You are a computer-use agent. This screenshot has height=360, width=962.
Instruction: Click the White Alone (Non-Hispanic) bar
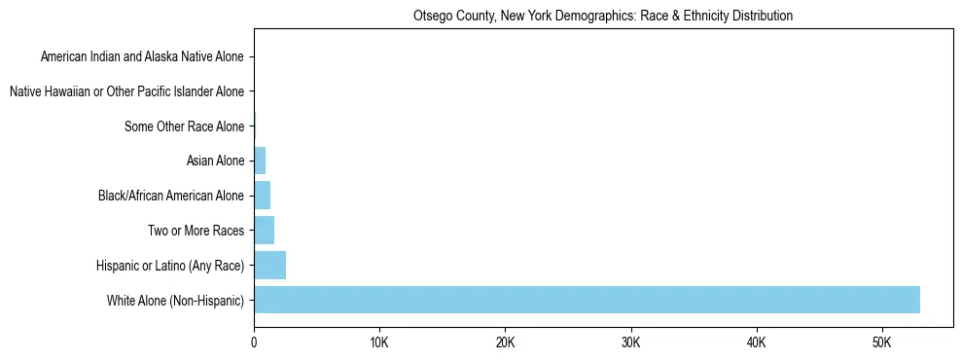pyautogui.click(x=587, y=300)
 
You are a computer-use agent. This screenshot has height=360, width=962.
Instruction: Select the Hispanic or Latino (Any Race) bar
pyautogui.click(x=269, y=265)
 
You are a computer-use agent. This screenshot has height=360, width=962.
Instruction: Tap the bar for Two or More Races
pyautogui.click(x=264, y=231)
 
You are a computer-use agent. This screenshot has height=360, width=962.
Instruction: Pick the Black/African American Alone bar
pyautogui.click(x=262, y=196)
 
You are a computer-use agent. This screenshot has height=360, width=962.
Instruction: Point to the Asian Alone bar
pyautogui.click(x=260, y=161)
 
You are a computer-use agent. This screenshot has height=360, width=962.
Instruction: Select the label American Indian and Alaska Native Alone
pyautogui.click(x=142, y=56)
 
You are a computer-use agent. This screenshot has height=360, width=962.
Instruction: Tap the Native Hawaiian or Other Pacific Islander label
pyautogui.click(x=126, y=91)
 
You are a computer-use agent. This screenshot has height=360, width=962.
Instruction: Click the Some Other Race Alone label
pyautogui.click(x=185, y=126)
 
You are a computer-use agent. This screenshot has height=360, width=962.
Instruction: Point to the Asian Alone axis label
pyautogui.click(x=215, y=161)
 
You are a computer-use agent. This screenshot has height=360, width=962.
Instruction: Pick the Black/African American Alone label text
pyautogui.click(x=171, y=196)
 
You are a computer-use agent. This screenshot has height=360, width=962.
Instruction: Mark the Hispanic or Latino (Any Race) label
pyautogui.click(x=170, y=265)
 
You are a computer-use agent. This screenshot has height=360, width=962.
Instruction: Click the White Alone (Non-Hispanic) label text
pyautogui.click(x=176, y=300)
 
